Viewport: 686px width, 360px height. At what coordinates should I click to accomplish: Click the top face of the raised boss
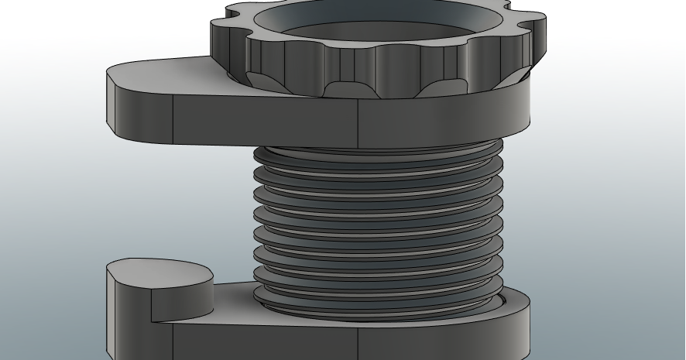159,273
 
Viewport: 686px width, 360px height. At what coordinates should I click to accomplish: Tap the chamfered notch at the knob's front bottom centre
341,89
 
